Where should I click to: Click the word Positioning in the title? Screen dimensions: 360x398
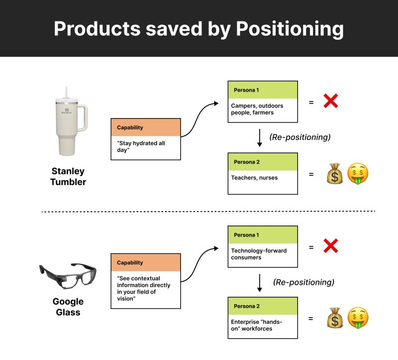[290, 29]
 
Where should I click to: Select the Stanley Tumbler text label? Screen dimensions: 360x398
[68, 177]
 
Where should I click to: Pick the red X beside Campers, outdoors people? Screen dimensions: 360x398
[331, 102]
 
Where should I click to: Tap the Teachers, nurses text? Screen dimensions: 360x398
[254, 177]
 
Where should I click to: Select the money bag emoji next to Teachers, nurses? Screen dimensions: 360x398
[335, 174]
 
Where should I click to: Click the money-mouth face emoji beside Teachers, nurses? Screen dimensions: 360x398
[358, 174]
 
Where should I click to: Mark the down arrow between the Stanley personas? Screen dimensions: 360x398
[259, 137]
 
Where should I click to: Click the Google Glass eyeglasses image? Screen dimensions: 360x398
[68, 275]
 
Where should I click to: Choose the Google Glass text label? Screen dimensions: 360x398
[68, 307]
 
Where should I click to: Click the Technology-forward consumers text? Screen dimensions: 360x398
[259, 254]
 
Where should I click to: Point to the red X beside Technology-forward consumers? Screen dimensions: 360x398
[331, 246]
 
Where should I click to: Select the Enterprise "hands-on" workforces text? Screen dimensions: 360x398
[256, 325]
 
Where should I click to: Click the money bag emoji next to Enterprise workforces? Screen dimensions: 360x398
[335, 318]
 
